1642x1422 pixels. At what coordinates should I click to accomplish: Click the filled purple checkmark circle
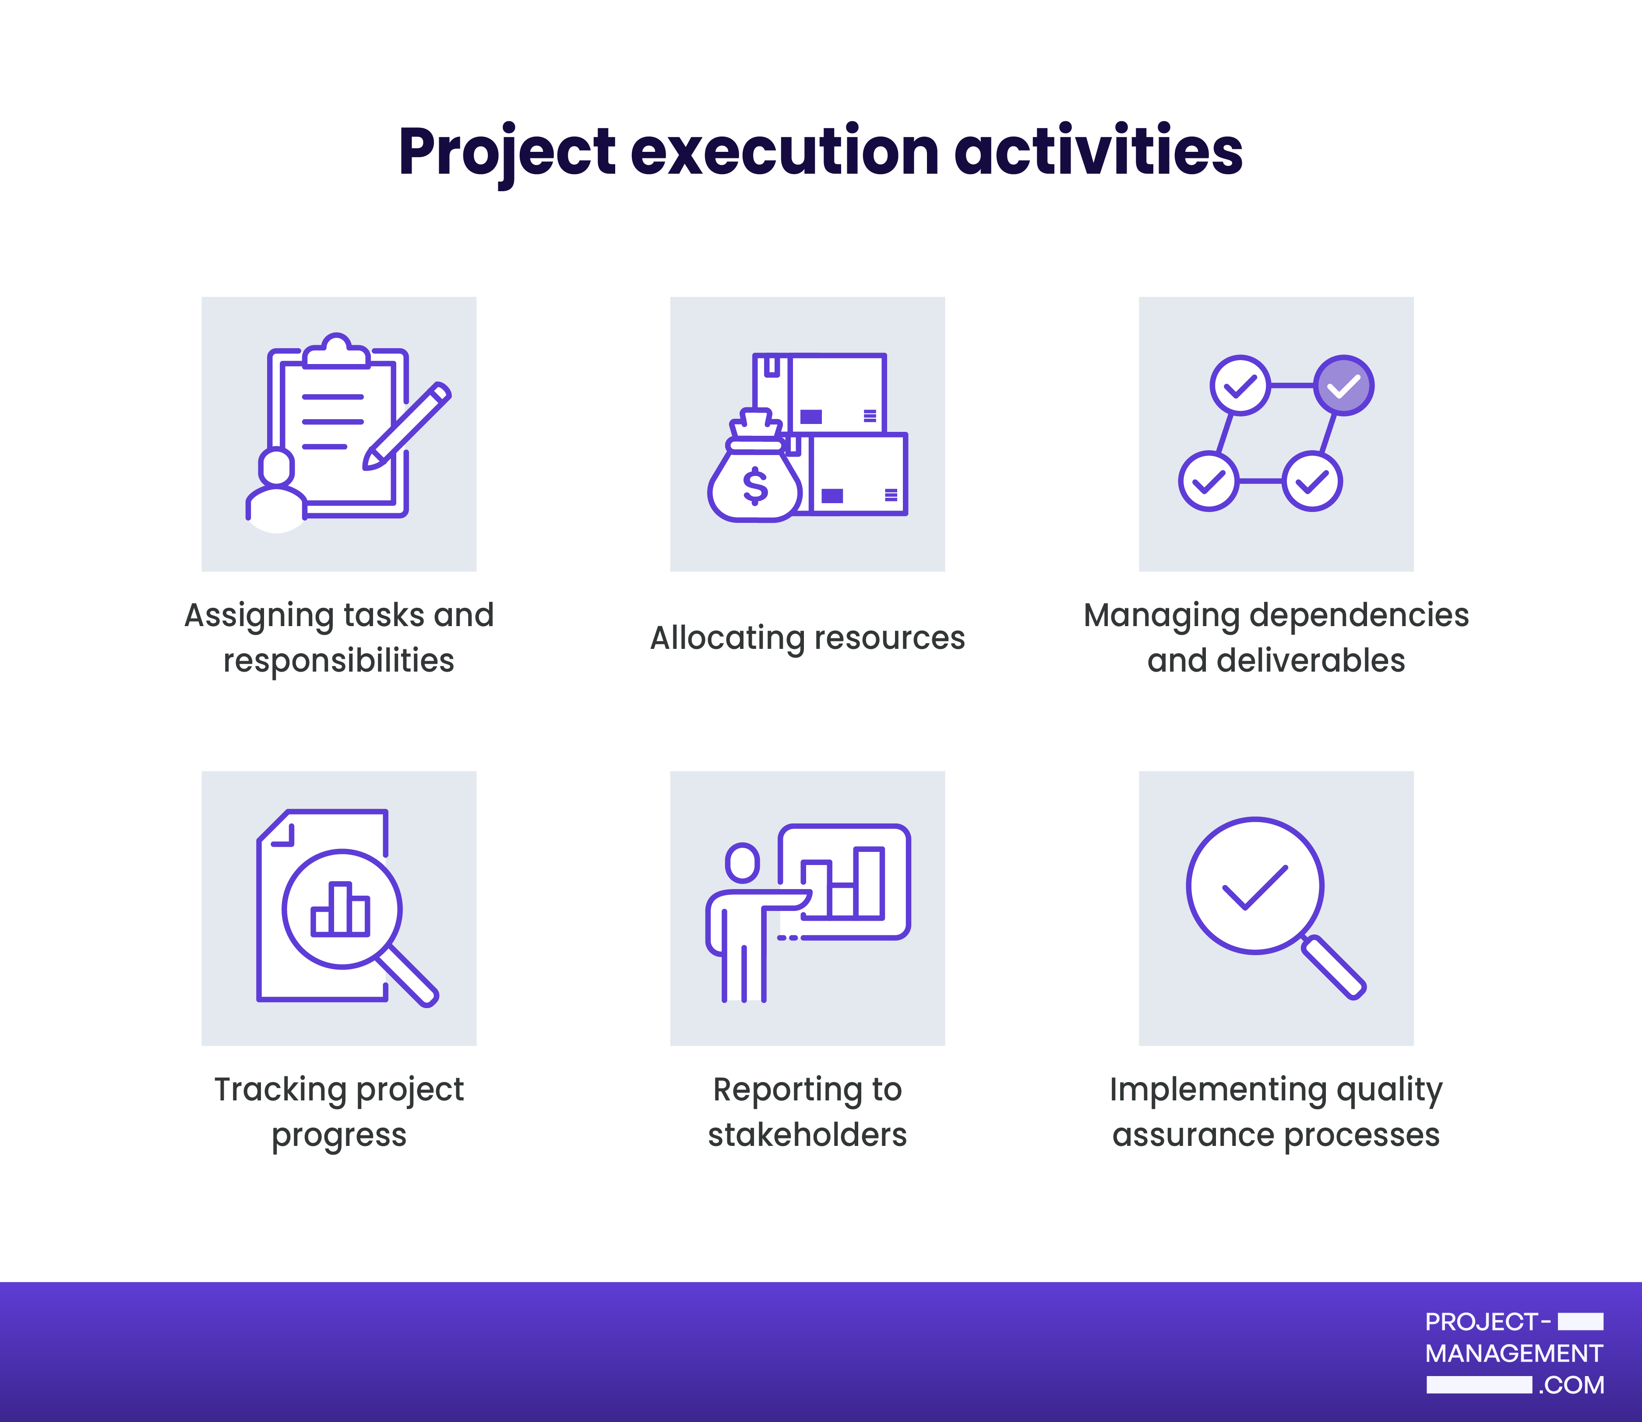point(1343,385)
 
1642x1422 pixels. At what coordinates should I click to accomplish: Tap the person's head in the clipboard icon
point(276,466)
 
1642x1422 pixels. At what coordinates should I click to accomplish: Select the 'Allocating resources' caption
point(807,638)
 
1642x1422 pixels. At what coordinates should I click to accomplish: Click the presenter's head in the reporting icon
point(742,862)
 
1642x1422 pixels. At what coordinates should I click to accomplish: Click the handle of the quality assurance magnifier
point(1333,967)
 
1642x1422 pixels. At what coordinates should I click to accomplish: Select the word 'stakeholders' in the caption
point(807,1135)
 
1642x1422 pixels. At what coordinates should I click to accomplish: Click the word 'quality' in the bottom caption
point(1389,1090)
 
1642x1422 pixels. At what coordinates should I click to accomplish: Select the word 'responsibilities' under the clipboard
point(339,661)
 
